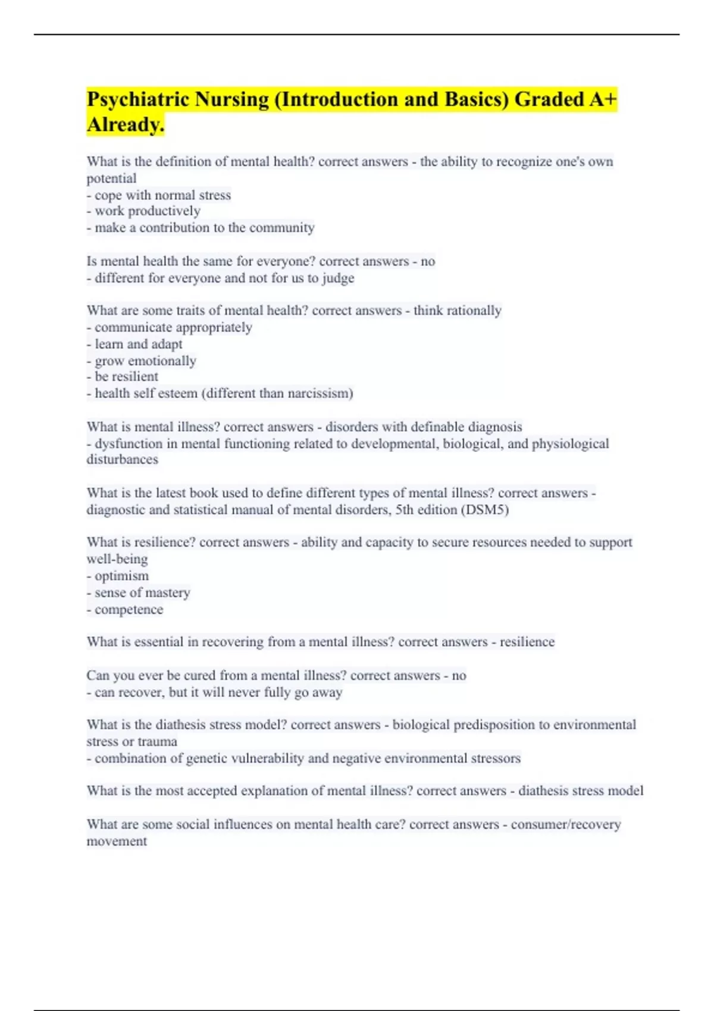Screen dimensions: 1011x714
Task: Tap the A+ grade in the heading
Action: (x=603, y=99)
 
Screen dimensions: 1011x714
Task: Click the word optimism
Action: (x=121, y=576)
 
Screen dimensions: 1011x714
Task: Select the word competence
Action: (x=129, y=610)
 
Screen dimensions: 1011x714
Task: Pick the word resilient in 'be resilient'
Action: (x=135, y=376)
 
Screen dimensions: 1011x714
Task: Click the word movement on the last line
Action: (x=117, y=842)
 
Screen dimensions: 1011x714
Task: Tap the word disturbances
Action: (x=122, y=460)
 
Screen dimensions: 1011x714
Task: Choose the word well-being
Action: (x=117, y=559)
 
